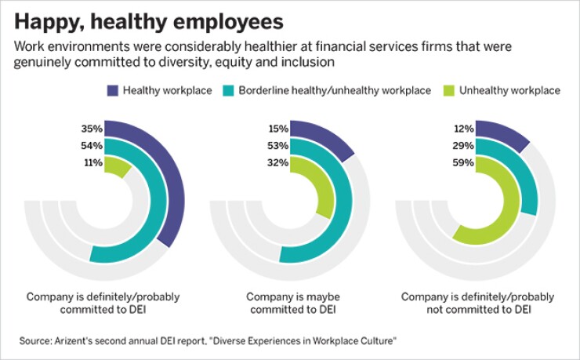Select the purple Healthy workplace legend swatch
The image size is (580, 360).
(x=111, y=90)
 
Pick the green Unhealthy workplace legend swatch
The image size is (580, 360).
(x=449, y=90)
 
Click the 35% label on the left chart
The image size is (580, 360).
(x=92, y=128)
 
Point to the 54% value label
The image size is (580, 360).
(x=92, y=146)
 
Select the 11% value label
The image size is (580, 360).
(x=92, y=163)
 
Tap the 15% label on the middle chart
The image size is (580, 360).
(x=278, y=128)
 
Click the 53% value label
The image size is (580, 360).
(x=278, y=146)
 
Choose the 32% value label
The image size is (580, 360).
(x=278, y=163)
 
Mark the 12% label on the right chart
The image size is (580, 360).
(x=464, y=128)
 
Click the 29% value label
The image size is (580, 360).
(x=464, y=146)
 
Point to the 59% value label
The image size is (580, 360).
(x=464, y=163)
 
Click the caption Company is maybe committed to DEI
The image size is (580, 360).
(x=289, y=304)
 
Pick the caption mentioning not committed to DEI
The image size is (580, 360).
(x=477, y=304)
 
